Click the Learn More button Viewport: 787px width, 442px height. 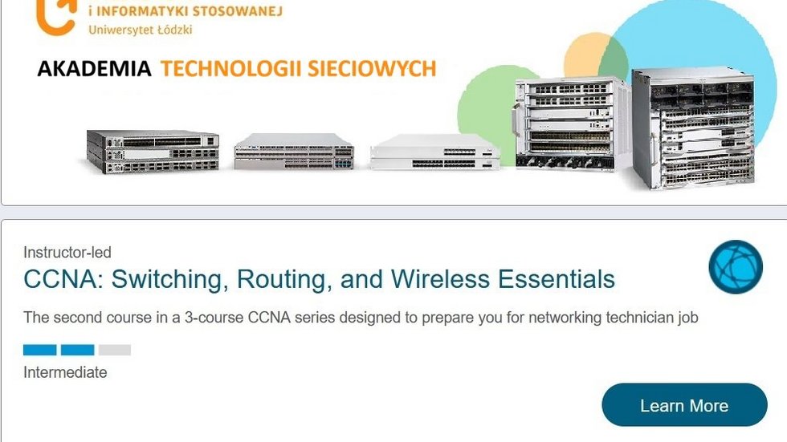(684, 405)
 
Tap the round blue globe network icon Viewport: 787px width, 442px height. (736, 266)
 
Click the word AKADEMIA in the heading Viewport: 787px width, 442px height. (95, 69)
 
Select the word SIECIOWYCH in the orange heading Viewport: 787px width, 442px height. (372, 69)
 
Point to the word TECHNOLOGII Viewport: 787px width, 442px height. (231, 69)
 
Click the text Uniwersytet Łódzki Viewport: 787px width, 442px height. (141, 30)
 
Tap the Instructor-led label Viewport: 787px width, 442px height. (67, 252)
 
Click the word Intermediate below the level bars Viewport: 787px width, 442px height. (65, 372)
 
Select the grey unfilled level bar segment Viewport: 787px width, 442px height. (114, 350)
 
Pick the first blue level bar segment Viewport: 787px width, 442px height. (39, 350)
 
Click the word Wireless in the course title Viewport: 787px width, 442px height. (440, 279)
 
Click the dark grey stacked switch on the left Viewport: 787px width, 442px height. (153, 152)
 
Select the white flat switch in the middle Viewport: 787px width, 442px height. (434, 152)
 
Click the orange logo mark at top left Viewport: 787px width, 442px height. (56, 18)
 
